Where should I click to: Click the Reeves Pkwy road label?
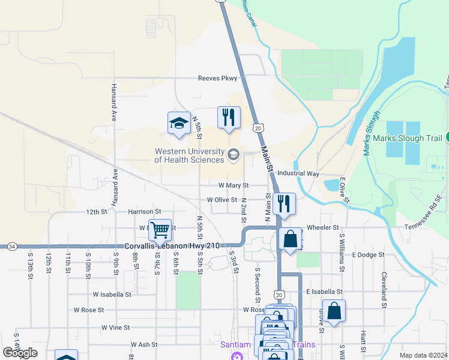pos(217,78)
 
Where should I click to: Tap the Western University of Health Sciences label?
pos(190,155)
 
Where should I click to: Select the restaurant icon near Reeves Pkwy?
pos(229,118)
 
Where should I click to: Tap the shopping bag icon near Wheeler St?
pos(290,239)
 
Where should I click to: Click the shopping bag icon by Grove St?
pos(334,311)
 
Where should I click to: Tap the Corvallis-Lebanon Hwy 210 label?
pos(172,246)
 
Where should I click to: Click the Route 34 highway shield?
pos(11,246)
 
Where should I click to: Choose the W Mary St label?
pos(234,186)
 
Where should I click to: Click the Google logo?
pos(20,353)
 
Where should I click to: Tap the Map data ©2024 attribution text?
pos(423,355)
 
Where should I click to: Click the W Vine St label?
pos(116,328)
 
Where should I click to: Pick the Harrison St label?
pos(145,212)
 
